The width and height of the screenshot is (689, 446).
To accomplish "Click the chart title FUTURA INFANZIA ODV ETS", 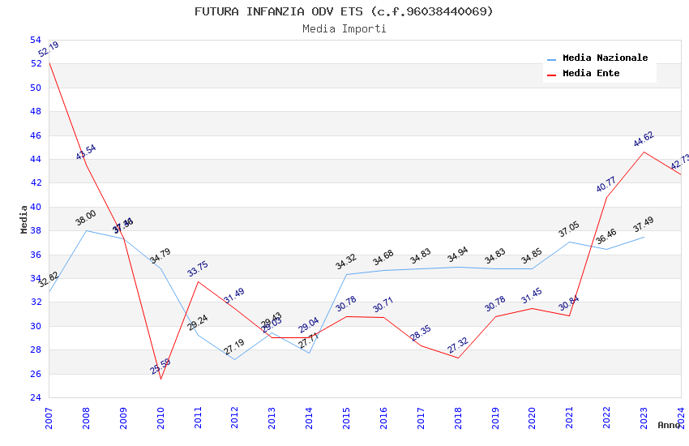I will (x=344, y=11).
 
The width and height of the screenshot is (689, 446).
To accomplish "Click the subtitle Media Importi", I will (x=344, y=29).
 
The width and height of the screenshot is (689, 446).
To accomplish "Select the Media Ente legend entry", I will (x=591, y=74).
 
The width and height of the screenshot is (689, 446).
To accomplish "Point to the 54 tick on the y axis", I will (x=36, y=40).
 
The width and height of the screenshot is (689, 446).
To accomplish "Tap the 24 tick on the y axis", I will (x=36, y=397).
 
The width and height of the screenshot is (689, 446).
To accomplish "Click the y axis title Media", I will (x=24, y=219).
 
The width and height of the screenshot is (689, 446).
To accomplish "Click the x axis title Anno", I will (x=669, y=425).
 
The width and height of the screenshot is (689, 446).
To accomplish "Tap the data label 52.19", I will (x=49, y=49).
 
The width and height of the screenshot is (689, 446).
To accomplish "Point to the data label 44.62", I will (x=644, y=139).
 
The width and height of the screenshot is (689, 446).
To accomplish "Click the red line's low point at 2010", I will (x=160, y=379).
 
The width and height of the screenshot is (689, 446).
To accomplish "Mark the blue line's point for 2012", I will (x=234, y=359).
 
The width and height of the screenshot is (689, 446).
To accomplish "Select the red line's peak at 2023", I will (x=644, y=152).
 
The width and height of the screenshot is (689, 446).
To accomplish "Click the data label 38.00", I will (x=86, y=217).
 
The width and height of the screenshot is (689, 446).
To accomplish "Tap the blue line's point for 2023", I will (x=644, y=237).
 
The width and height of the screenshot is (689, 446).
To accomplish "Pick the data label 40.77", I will (x=606, y=184).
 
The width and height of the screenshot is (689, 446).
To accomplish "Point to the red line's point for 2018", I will (x=458, y=358).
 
